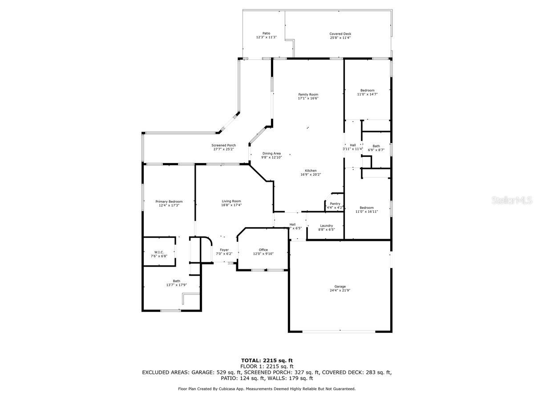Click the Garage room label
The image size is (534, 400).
click(340, 287)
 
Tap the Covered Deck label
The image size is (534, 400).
click(340, 34)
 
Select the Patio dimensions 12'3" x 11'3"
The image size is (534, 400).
click(266, 37)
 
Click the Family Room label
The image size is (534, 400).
click(308, 94)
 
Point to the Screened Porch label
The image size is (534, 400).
click(223, 145)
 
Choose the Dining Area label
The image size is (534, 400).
click(271, 153)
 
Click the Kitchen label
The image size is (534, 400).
click(311, 171)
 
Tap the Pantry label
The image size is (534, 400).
click(335, 204)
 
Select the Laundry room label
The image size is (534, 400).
click(326, 226)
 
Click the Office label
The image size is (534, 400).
click(263, 250)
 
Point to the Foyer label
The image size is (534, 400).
click(224, 250)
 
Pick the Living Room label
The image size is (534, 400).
click(231, 201)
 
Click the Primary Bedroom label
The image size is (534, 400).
click(169, 201)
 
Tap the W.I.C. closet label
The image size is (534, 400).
click(159, 252)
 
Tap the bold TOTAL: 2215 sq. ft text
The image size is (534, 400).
click(267, 360)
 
